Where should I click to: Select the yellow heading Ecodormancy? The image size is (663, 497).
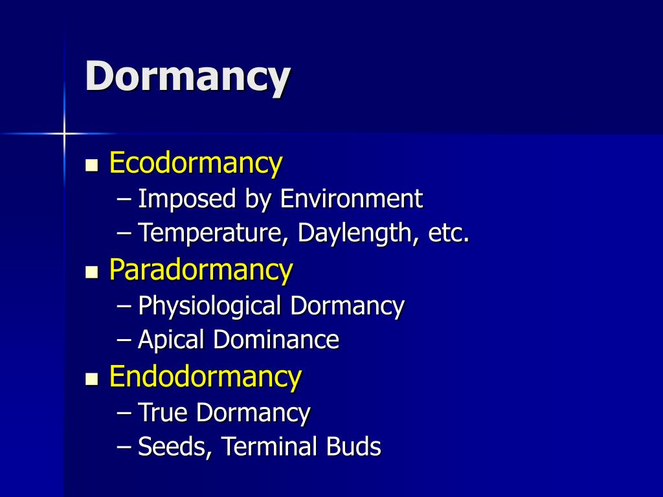point(196,162)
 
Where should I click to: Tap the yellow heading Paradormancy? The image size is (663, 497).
point(201,269)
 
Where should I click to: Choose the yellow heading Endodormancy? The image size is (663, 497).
point(205,376)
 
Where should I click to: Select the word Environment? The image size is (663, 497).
point(351,199)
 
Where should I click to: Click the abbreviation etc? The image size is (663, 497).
point(448,233)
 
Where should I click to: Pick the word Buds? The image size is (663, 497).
point(354,447)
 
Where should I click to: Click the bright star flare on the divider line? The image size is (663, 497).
point(64,133)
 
